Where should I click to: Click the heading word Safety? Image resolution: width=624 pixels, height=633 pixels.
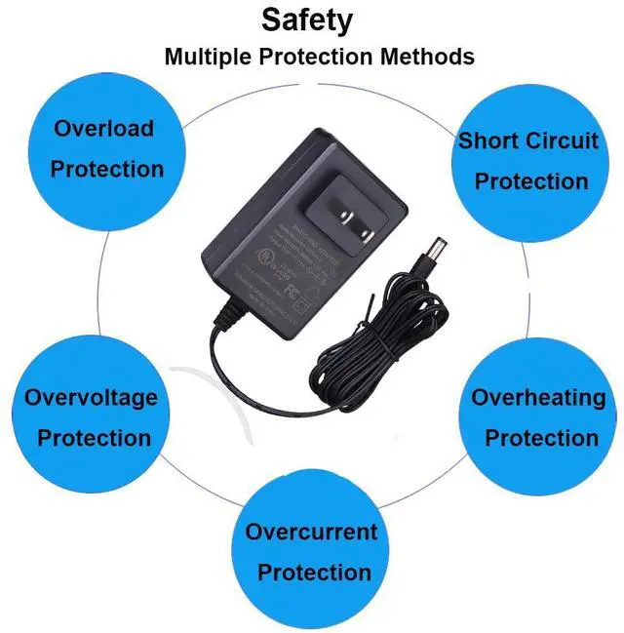306,20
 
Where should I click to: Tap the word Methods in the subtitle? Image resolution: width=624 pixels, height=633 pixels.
427,57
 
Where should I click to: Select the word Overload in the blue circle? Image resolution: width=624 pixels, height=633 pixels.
104,129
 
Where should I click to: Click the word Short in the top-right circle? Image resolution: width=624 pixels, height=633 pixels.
489,140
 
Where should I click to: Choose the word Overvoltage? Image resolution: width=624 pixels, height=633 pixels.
91,398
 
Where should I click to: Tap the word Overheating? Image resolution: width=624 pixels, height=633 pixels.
538,398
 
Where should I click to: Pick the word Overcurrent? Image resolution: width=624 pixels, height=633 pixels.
311,533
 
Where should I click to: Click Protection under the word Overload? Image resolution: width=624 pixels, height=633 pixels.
107,170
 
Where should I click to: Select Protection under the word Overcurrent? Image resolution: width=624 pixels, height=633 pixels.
314,573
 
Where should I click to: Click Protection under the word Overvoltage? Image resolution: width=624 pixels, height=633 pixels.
95,438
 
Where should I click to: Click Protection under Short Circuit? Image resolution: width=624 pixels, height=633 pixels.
531,181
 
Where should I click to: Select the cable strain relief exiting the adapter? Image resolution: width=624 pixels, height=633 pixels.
226,314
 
